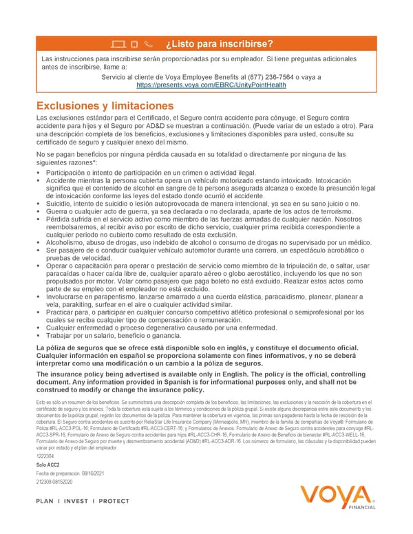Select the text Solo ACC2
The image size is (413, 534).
point(48,465)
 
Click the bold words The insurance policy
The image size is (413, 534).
point(69,374)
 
